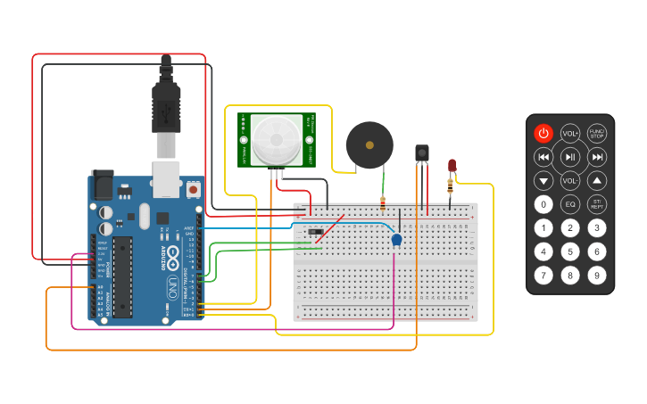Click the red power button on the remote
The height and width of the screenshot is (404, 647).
[x=543, y=134]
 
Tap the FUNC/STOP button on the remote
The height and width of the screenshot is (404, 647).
[x=596, y=134]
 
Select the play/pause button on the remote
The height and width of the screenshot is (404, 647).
[x=570, y=158]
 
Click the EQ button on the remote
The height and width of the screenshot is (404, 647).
[x=570, y=204]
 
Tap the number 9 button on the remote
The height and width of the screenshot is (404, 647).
[x=596, y=275]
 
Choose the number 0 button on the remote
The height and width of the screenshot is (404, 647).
[x=543, y=204]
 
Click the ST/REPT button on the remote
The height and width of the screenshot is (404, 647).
[x=596, y=204]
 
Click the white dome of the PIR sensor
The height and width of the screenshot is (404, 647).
[x=276, y=138]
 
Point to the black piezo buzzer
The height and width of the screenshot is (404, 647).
[x=369, y=144]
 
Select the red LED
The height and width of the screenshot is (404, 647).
[x=452, y=166]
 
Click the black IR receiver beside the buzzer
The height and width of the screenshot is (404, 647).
[x=421, y=153]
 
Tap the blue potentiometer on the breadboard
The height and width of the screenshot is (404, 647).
[x=396, y=239]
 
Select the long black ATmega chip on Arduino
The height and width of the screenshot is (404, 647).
[x=122, y=276]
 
